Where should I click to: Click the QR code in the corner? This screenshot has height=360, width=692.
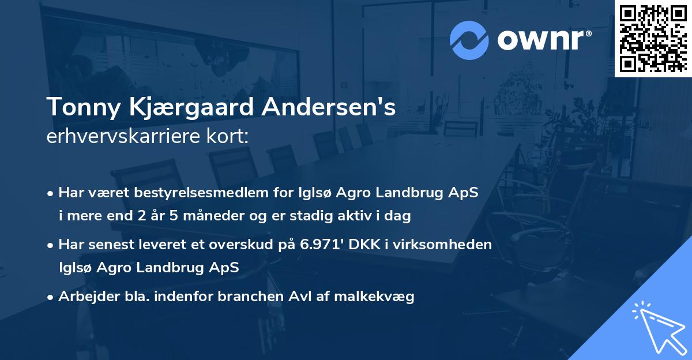(653, 38)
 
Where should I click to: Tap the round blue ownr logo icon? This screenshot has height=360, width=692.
(469, 39)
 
